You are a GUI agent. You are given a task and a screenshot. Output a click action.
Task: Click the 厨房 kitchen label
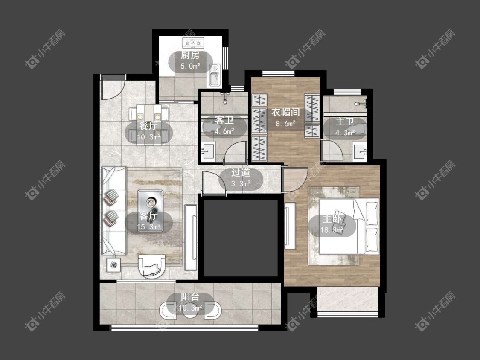click(190, 55)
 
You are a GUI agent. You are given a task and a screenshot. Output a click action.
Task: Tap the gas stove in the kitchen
click(193, 43)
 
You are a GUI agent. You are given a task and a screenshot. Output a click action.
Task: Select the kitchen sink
click(215, 75)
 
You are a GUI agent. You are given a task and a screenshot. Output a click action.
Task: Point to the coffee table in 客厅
click(150, 211)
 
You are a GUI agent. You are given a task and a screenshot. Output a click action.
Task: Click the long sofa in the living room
click(114, 211)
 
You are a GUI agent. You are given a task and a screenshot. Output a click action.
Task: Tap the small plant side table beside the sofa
click(113, 265)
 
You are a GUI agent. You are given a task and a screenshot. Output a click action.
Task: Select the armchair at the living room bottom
click(152, 266)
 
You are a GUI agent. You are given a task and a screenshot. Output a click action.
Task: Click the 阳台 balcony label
click(190, 296)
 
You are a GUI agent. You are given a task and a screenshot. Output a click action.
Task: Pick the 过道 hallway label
click(241, 173)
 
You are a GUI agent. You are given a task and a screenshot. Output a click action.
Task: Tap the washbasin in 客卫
click(208, 151)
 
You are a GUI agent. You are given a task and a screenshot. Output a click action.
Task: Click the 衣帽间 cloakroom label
click(285, 112)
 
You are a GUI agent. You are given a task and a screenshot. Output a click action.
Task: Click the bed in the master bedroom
click(349, 226)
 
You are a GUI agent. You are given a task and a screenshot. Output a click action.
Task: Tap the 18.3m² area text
click(332, 230)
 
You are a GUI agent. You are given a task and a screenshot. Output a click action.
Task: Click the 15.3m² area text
click(149, 227)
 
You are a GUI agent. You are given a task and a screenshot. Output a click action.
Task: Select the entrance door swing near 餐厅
click(113, 87)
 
